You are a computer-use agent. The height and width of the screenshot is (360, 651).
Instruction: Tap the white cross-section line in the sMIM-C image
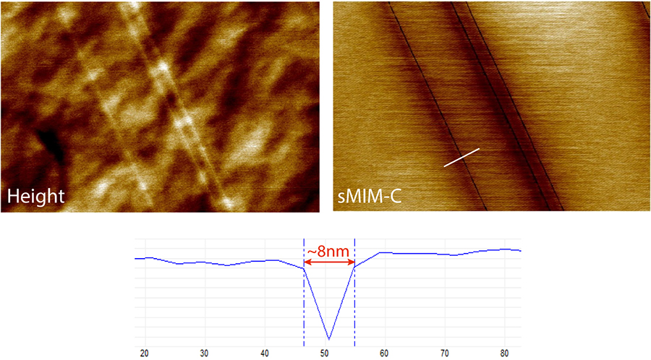[x=461, y=158]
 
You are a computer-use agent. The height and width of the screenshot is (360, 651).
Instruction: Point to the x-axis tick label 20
[x=145, y=353]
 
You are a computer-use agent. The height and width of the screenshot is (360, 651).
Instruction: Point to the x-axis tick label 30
[x=205, y=353]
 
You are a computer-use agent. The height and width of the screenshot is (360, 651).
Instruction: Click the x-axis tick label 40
[x=265, y=353]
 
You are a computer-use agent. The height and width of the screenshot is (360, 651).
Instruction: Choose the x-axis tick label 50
[x=325, y=353]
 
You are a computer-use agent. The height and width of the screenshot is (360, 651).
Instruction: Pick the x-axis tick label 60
[x=385, y=353]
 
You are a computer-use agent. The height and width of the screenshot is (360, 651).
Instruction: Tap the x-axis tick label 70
[x=445, y=353]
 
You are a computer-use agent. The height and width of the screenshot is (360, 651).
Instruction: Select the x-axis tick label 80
[x=505, y=353]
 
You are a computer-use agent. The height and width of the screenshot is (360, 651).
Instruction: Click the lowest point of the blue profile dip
[x=330, y=338]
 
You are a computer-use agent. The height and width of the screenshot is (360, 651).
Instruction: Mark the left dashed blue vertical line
[x=304, y=304]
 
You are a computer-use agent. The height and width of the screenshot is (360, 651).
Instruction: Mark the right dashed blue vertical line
[x=355, y=304]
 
